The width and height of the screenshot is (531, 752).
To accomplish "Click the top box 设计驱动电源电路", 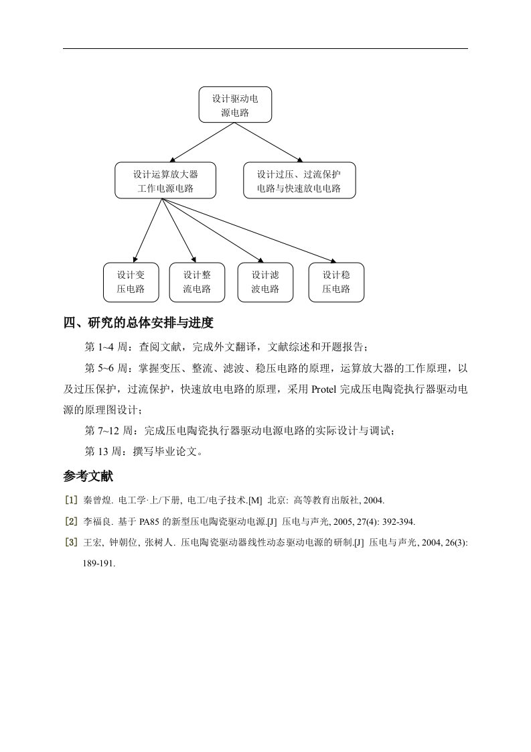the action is pos(235,105).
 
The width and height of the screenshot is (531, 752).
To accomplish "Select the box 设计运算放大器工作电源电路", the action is pos(165,180).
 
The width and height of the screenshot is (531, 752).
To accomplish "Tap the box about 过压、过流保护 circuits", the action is pos(299,180).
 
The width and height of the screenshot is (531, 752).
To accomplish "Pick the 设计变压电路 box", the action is pos(131,282).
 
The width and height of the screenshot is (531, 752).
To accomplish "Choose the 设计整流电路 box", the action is pos(197,282).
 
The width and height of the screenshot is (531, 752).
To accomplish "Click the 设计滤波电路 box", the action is pos(265,282).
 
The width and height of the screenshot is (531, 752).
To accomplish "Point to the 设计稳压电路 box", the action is pos(336,282).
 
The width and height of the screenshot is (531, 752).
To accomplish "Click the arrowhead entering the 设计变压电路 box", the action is pos(135,259).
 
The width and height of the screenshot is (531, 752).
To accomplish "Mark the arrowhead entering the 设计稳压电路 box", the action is pos(333,261).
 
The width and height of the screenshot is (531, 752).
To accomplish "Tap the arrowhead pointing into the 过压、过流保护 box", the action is pos(301,160).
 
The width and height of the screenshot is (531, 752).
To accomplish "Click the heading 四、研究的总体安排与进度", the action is pos(139,323).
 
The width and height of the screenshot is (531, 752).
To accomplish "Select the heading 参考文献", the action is pos(88,477).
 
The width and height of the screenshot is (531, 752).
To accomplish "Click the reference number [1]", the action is pos(71,500).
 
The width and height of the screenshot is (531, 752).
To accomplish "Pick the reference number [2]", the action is pos(71,522).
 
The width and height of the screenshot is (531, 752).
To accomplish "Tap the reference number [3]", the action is pos(71,543).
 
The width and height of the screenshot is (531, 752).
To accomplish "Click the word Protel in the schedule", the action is pos(324,389).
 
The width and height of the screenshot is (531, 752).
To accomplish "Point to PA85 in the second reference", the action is pos(150,522).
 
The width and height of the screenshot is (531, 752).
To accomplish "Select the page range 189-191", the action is pos(98,564).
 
